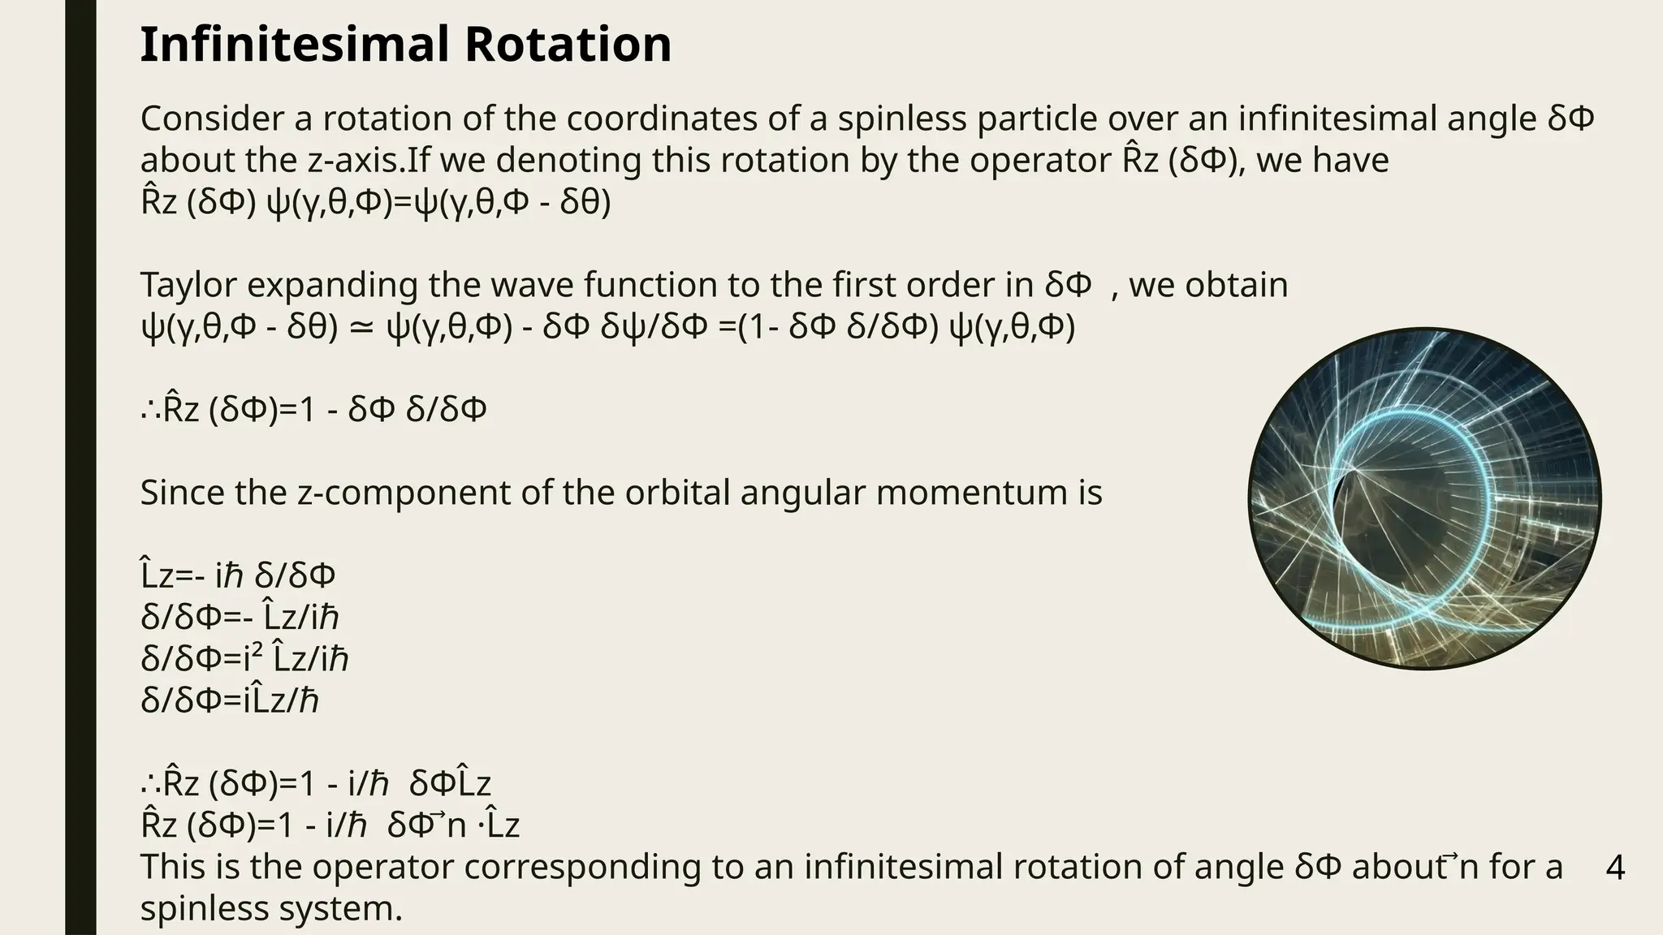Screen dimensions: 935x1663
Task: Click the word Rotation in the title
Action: pos(568,45)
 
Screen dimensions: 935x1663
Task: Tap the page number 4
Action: pos(1615,868)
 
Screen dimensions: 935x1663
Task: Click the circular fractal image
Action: pos(1424,498)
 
